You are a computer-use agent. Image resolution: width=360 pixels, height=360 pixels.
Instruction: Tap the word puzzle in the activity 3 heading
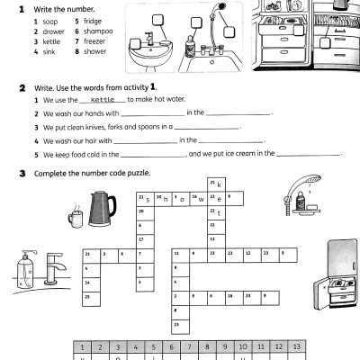138,173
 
